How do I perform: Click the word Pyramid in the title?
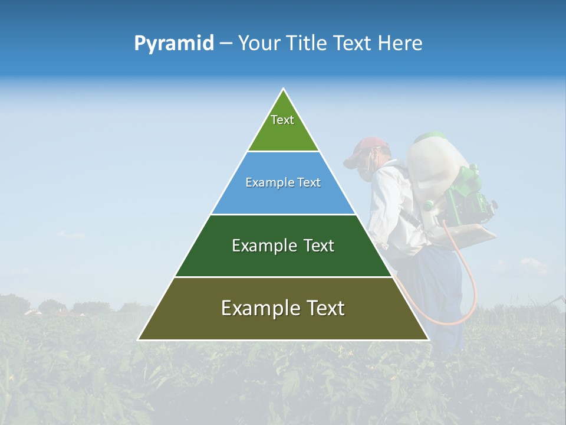pos(173,44)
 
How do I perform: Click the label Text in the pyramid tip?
pos(282,120)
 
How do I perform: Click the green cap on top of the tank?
pos(429,137)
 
